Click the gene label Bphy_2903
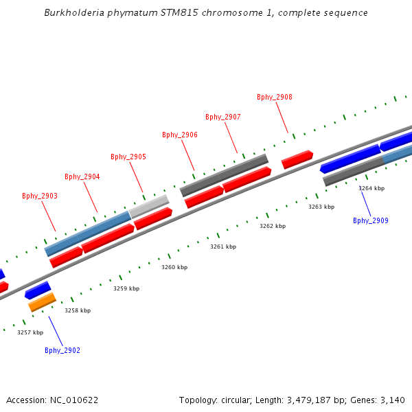click(40, 196)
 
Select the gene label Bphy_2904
click(82, 176)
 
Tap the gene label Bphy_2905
click(128, 157)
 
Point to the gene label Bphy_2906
click(180, 135)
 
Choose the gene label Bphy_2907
click(223, 117)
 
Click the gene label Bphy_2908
click(275, 97)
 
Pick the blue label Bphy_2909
click(371, 220)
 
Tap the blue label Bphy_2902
click(62, 350)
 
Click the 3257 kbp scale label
click(30, 332)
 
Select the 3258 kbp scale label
click(78, 310)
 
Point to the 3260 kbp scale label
click(174, 267)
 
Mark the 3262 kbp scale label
click(273, 226)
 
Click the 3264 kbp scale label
click(371, 188)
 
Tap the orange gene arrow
click(42, 301)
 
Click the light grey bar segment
click(149, 206)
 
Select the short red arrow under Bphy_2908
click(297, 159)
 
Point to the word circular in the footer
click(249, 400)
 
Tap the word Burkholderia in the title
click(71, 12)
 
